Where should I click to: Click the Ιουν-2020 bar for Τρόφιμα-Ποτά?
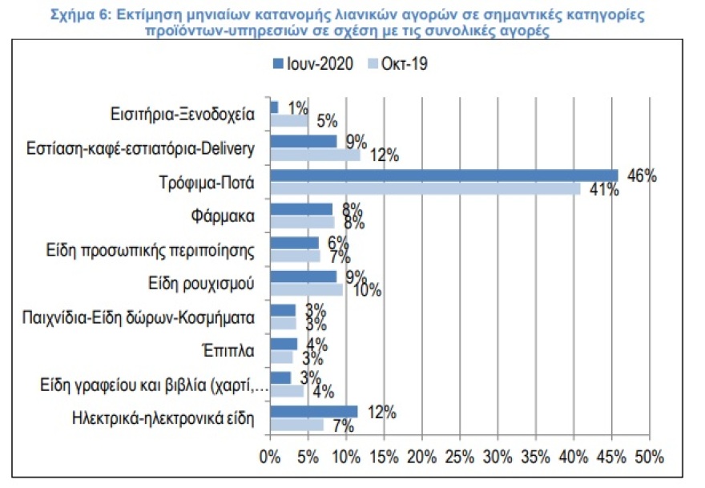444,175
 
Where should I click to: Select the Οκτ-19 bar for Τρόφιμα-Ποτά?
425,188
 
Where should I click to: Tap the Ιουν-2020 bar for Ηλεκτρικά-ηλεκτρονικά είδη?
313,411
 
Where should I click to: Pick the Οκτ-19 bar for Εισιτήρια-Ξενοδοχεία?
288,120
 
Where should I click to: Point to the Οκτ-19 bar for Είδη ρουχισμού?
306,289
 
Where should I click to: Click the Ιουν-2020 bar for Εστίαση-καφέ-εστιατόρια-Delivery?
303,141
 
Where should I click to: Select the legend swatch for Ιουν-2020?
277,64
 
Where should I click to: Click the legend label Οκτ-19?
405,64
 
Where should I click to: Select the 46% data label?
642,176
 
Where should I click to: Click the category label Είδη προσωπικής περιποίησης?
151,249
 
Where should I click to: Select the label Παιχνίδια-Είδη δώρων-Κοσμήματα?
139,317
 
